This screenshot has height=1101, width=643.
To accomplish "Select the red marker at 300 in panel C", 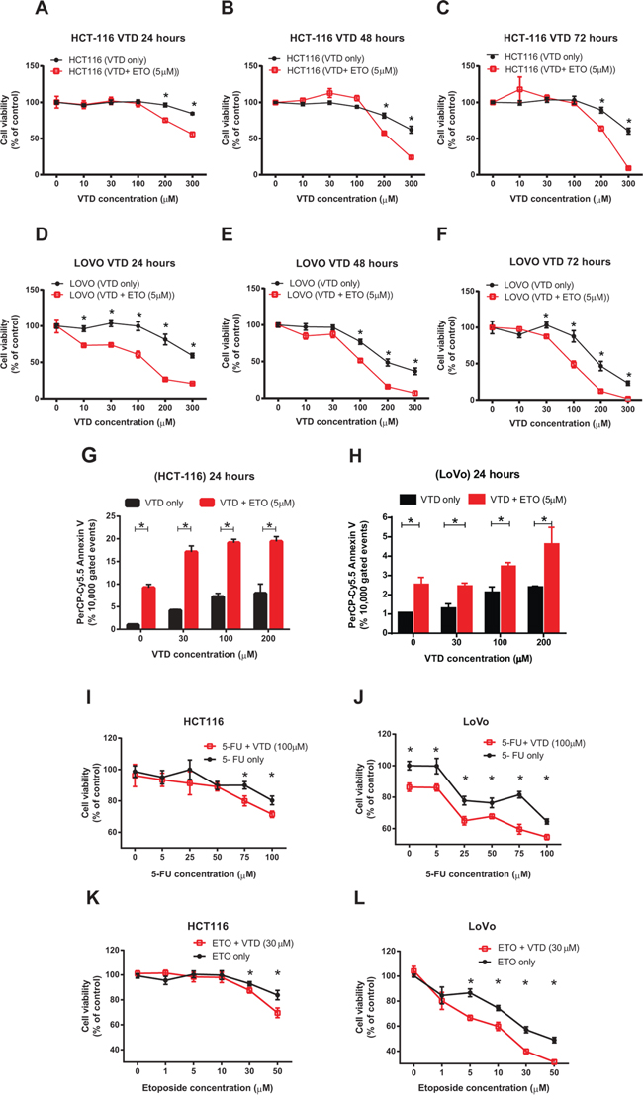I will tap(627, 168).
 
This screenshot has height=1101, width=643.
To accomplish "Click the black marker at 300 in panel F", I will tap(627, 383).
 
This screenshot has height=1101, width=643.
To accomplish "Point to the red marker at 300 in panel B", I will tap(410, 157).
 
